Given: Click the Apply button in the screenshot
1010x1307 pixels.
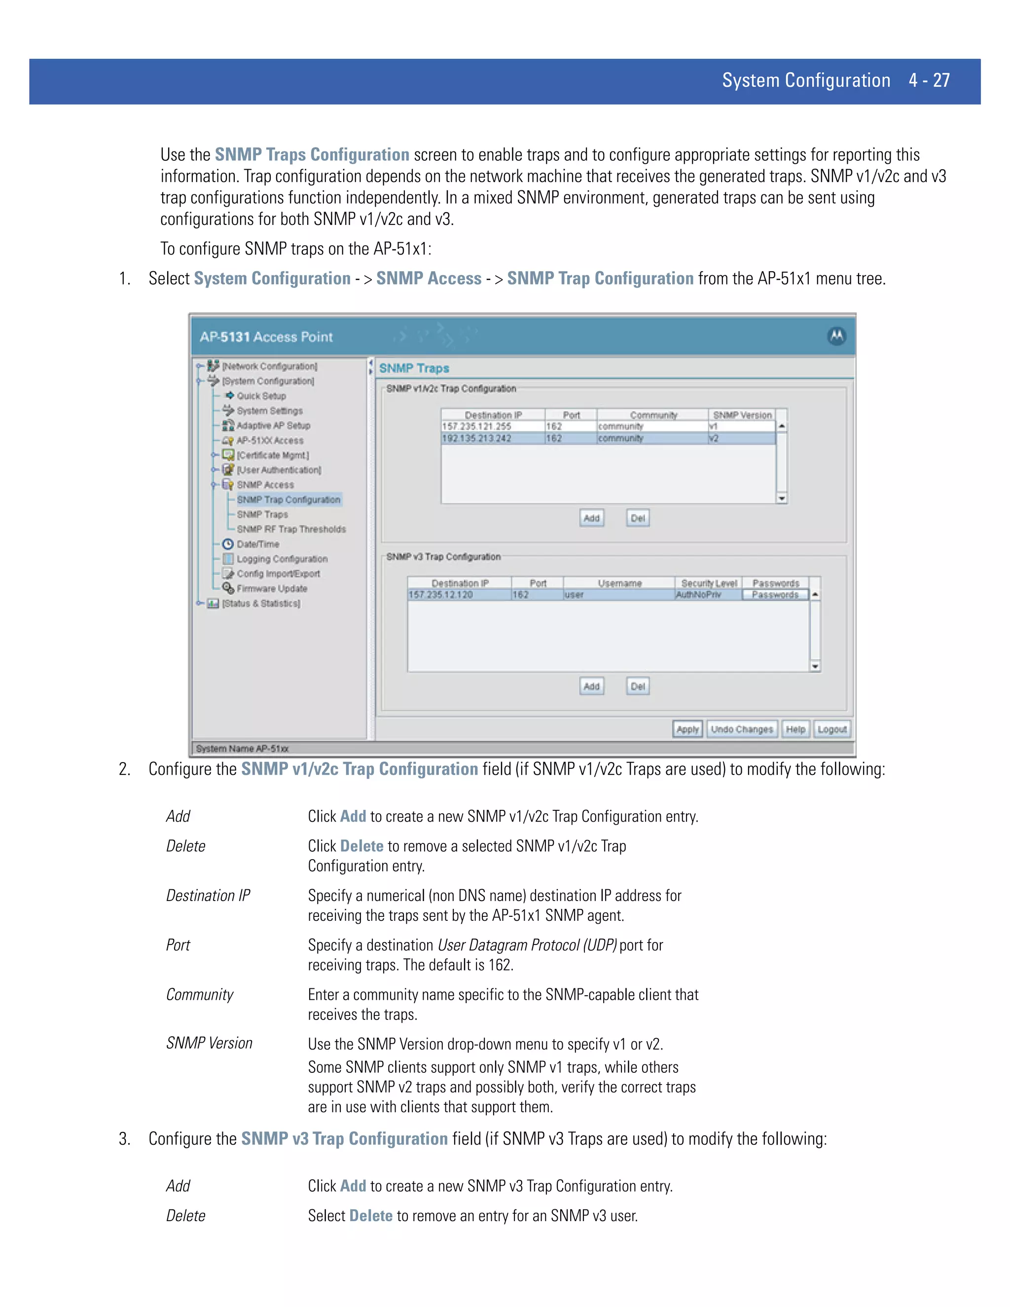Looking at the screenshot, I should click(x=687, y=729).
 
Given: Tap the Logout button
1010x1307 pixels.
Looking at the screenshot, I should click(x=831, y=729).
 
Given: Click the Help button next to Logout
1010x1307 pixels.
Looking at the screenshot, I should click(x=795, y=729).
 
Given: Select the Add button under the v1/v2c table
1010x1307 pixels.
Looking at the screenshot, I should click(x=591, y=518).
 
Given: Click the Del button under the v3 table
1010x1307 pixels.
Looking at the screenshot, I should click(x=638, y=687).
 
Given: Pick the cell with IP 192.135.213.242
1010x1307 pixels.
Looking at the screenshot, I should click(x=477, y=438).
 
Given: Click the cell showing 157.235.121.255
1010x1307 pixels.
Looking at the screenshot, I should click(x=477, y=427).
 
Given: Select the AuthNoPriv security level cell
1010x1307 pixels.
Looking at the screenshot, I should click(x=699, y=595).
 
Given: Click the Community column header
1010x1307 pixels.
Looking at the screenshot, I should click(x=653, y=415).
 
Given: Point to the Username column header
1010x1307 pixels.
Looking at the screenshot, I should click(x=619, y=583).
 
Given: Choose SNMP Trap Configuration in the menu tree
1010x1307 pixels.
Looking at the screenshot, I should click(x=289, y=500).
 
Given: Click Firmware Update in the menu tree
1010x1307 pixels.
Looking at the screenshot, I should click(x=272, y=589).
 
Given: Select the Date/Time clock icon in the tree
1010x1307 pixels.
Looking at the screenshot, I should click(x=228, y=544).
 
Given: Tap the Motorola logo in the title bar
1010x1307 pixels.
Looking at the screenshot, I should click(x=836, y=336).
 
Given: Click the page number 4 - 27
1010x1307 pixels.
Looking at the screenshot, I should click(x=929, y=81).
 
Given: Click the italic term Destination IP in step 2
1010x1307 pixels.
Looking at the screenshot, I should click(x=208, y=896).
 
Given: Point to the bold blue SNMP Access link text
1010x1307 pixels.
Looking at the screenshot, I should click(x=429, y=279).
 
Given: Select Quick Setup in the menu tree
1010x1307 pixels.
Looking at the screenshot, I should click(x=261, y=396).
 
